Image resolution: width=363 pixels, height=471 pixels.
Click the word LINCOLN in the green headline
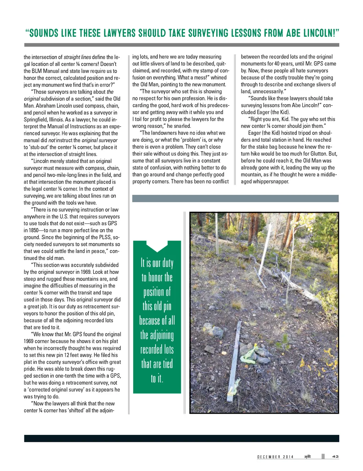[319, 33]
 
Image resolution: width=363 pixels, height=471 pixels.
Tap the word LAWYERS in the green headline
[119, 33]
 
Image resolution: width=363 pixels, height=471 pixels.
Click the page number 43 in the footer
[335, 456]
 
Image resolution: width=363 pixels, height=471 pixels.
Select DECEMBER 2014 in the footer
[275, 457]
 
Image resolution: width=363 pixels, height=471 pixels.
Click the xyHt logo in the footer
[307, 456]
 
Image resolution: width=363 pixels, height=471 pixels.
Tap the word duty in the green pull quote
[167, 263]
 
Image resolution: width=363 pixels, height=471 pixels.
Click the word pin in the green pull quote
[167, 306]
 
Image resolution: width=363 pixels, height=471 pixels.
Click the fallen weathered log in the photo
[298, 283]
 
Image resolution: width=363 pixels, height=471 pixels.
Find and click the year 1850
[33, 230]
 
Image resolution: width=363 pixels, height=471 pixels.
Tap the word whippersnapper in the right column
[271, 182]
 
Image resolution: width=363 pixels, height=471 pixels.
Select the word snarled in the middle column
[182, 126]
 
